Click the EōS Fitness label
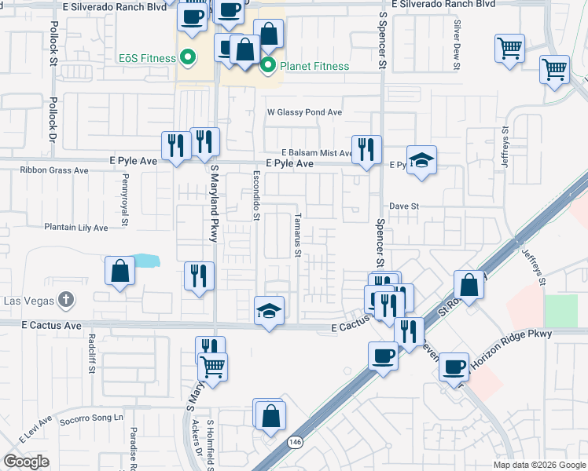(145, 57)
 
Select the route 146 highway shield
(295, 443)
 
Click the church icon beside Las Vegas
(66, 300)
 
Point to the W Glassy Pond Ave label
(304, 112)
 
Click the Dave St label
(406, 206)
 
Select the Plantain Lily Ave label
(76, 228)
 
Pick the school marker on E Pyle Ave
(422, 159)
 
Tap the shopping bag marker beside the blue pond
(119, 271)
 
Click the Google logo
(26, 462)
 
